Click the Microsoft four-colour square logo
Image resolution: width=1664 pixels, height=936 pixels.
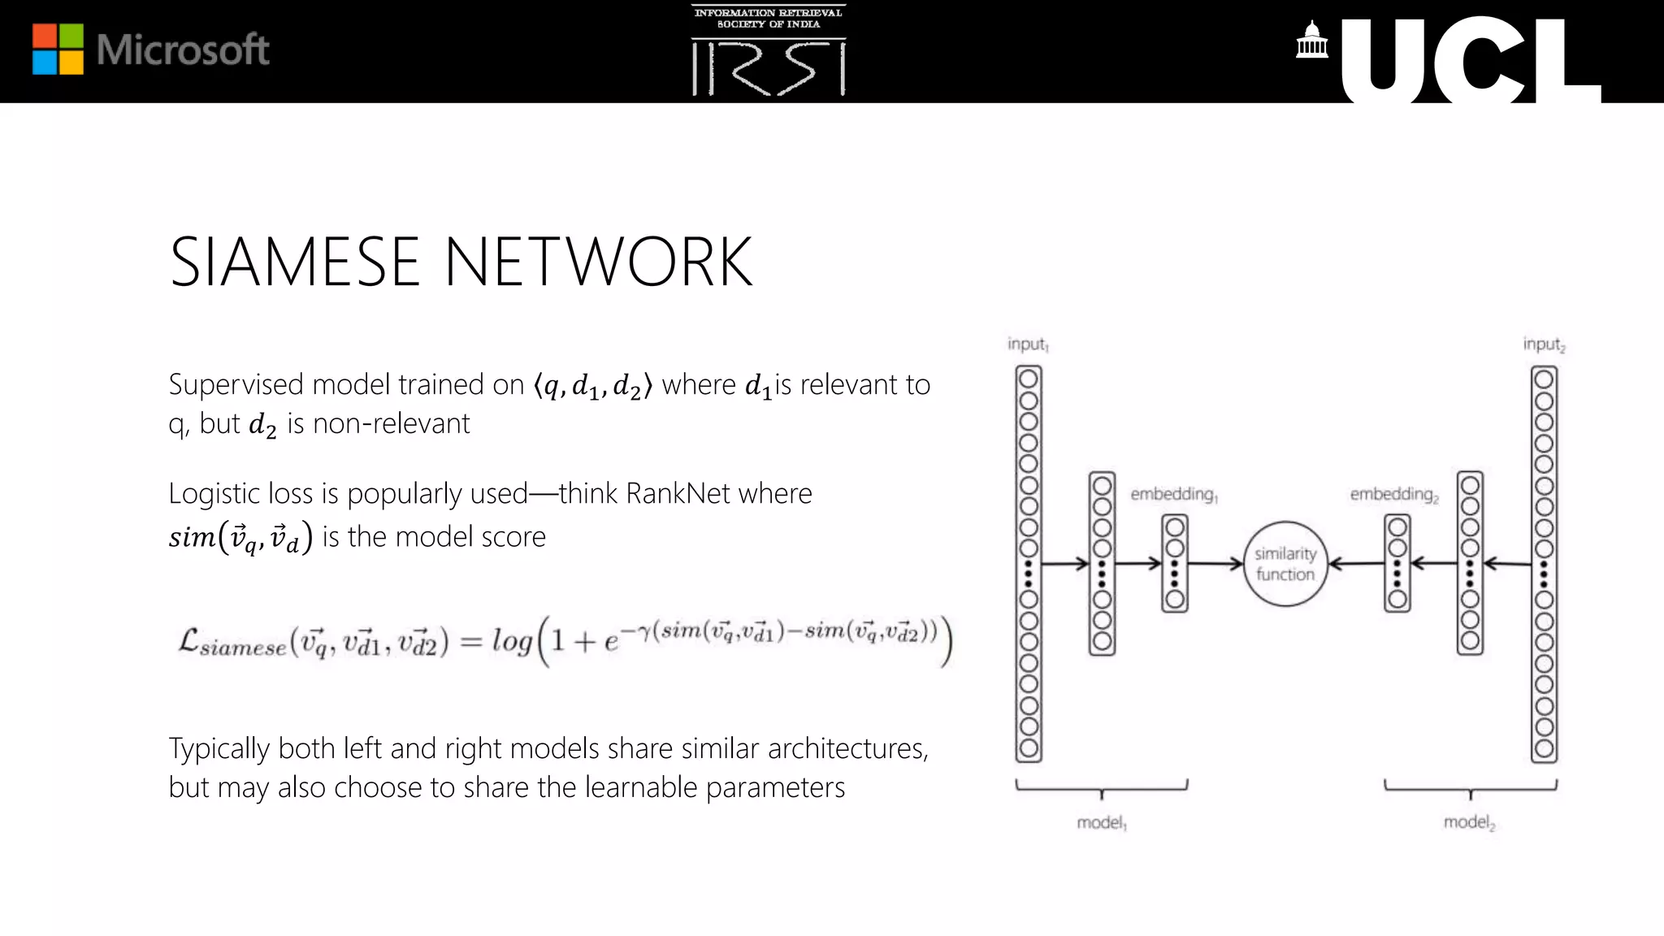click(58, 49)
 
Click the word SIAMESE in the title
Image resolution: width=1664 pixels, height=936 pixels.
click(294, 262)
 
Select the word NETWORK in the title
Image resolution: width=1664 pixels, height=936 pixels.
click(599, 262)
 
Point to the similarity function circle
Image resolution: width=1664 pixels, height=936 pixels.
click(1285, 564)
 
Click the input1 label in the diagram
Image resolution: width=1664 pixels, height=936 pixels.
click(1028, 344)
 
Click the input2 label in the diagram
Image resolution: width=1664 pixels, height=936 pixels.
click(1544, 344)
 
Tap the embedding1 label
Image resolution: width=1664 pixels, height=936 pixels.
click(1173, 494)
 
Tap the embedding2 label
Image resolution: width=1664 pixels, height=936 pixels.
click(1393, 494)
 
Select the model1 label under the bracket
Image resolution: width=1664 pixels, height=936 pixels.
click(1101, 823)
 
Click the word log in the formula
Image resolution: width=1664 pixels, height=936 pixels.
click(512, 641)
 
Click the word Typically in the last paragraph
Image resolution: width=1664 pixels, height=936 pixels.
click(219, 748)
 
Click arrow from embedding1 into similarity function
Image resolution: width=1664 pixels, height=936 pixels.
click(1215, 563)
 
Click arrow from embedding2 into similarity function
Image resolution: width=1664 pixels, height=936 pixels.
click(1355, 563)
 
